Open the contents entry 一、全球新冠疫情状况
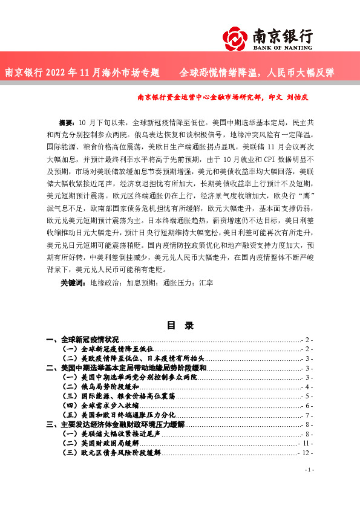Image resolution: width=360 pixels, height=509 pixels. tap(82, 340)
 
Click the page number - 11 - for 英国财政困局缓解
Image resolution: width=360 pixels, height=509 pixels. tap(306, 443)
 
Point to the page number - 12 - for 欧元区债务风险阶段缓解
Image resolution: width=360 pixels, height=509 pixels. tap(306, 452)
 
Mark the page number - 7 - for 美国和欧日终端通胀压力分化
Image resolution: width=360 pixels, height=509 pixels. tap(307, 415)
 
